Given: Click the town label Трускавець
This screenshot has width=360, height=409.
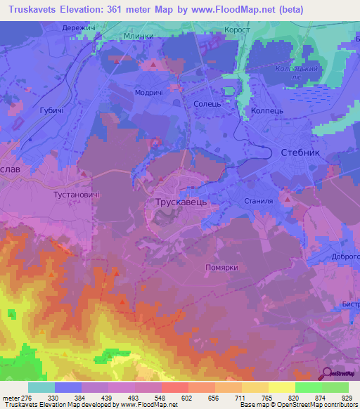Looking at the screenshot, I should [x=179, y=201].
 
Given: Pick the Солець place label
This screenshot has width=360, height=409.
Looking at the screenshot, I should [x=207, y=103].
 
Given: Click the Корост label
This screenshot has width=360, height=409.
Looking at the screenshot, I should [x=237, y=30].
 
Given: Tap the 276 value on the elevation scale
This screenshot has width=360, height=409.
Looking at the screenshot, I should [x=23, y=397].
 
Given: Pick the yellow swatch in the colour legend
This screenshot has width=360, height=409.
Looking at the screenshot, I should [x=281, y=387].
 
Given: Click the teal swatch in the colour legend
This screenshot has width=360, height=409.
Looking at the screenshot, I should [x=41, y=387].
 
